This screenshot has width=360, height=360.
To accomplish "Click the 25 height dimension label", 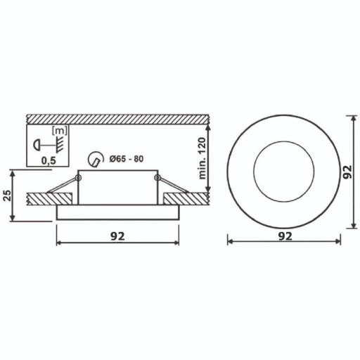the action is [8, 195].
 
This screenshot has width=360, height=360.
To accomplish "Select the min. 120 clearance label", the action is [202, 159].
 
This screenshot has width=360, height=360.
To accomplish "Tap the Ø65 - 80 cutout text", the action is [127, 159].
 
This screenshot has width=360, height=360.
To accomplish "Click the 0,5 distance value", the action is [49, 161].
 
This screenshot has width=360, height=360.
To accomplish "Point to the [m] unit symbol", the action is [60, 131].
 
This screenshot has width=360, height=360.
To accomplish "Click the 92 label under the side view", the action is [117, 237].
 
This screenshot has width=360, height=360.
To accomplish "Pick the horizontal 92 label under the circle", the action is [285, 236].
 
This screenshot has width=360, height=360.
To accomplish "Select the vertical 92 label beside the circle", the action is [347, 172].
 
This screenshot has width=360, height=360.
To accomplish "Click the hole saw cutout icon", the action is [96, 160].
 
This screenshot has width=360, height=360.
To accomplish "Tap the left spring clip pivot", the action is [78, 178].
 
